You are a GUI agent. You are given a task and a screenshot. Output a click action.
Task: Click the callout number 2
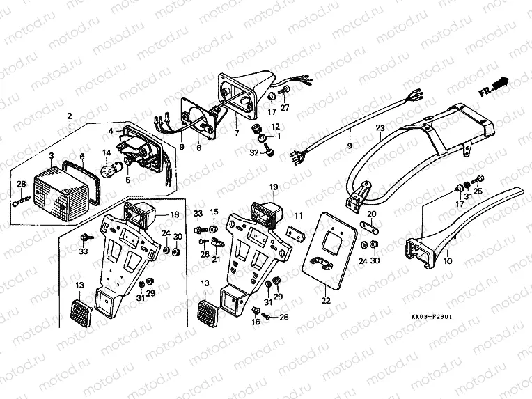point(69,115)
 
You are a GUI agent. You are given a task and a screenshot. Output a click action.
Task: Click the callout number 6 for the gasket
point(82,157)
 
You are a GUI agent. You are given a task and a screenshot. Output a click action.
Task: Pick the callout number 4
point(110,130)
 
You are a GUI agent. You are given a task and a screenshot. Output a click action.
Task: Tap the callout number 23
point(380,127)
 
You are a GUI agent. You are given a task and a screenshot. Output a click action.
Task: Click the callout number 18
point(175,214)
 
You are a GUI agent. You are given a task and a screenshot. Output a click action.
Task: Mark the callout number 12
point(275,127)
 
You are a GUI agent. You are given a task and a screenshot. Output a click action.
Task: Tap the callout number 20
point(371,214)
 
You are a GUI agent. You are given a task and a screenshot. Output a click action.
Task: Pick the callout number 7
point(237,132)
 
